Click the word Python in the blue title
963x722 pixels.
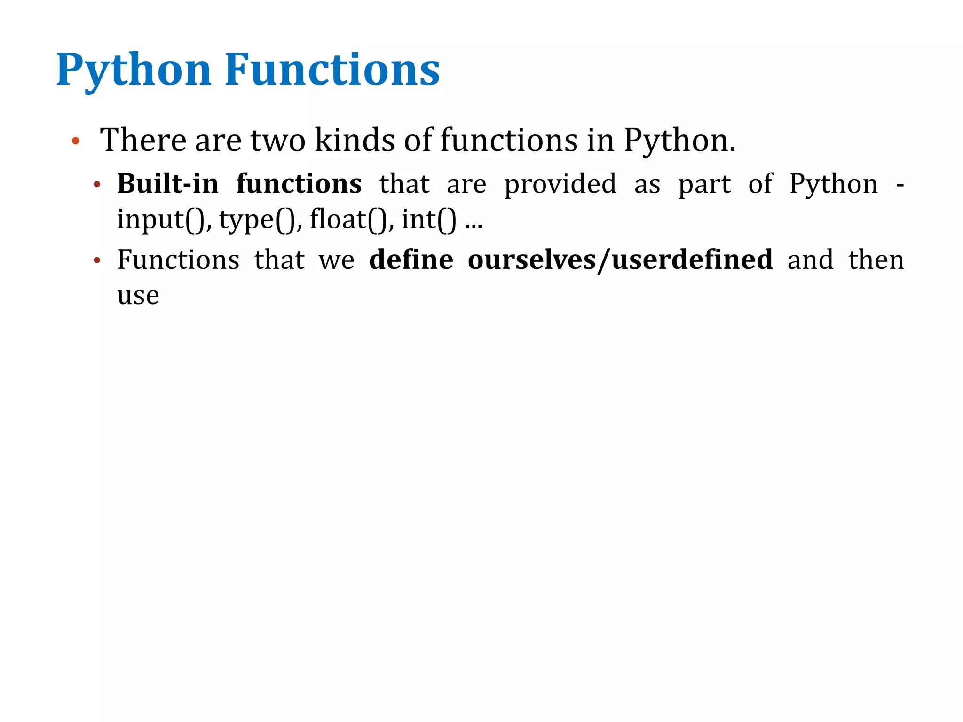[x=134, y=71]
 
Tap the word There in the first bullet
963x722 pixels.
[x=143, y=140]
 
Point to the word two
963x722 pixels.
[x=277, y=141]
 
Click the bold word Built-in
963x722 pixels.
[x=168, y=183]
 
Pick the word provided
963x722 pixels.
[x=560, y=184]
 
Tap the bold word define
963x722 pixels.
[x=411, y=259]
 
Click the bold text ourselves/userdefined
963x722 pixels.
[x=620, y=259]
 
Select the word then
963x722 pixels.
[x=876, y=259]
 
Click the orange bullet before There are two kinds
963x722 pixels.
[x=75, y=141]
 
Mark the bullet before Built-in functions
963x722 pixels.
[x=97, y=185]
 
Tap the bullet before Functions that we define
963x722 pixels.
[x=97, y=260]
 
